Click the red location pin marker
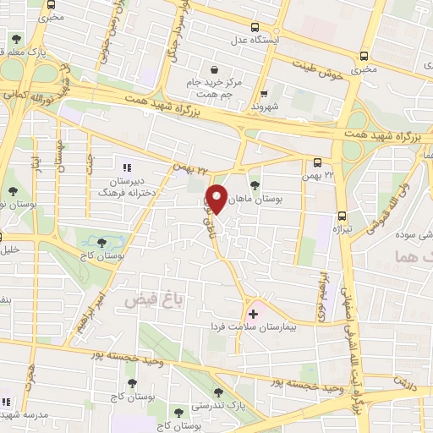point(217,198)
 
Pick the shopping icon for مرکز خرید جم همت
point(214,69)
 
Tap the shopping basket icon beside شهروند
point(265,95)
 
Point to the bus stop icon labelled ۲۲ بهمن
point(318,162)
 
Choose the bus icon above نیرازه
point(342,215)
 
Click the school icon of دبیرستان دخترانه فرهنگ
point(128,167)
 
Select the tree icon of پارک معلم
point(16,40)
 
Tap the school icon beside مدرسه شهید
point(7,401)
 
